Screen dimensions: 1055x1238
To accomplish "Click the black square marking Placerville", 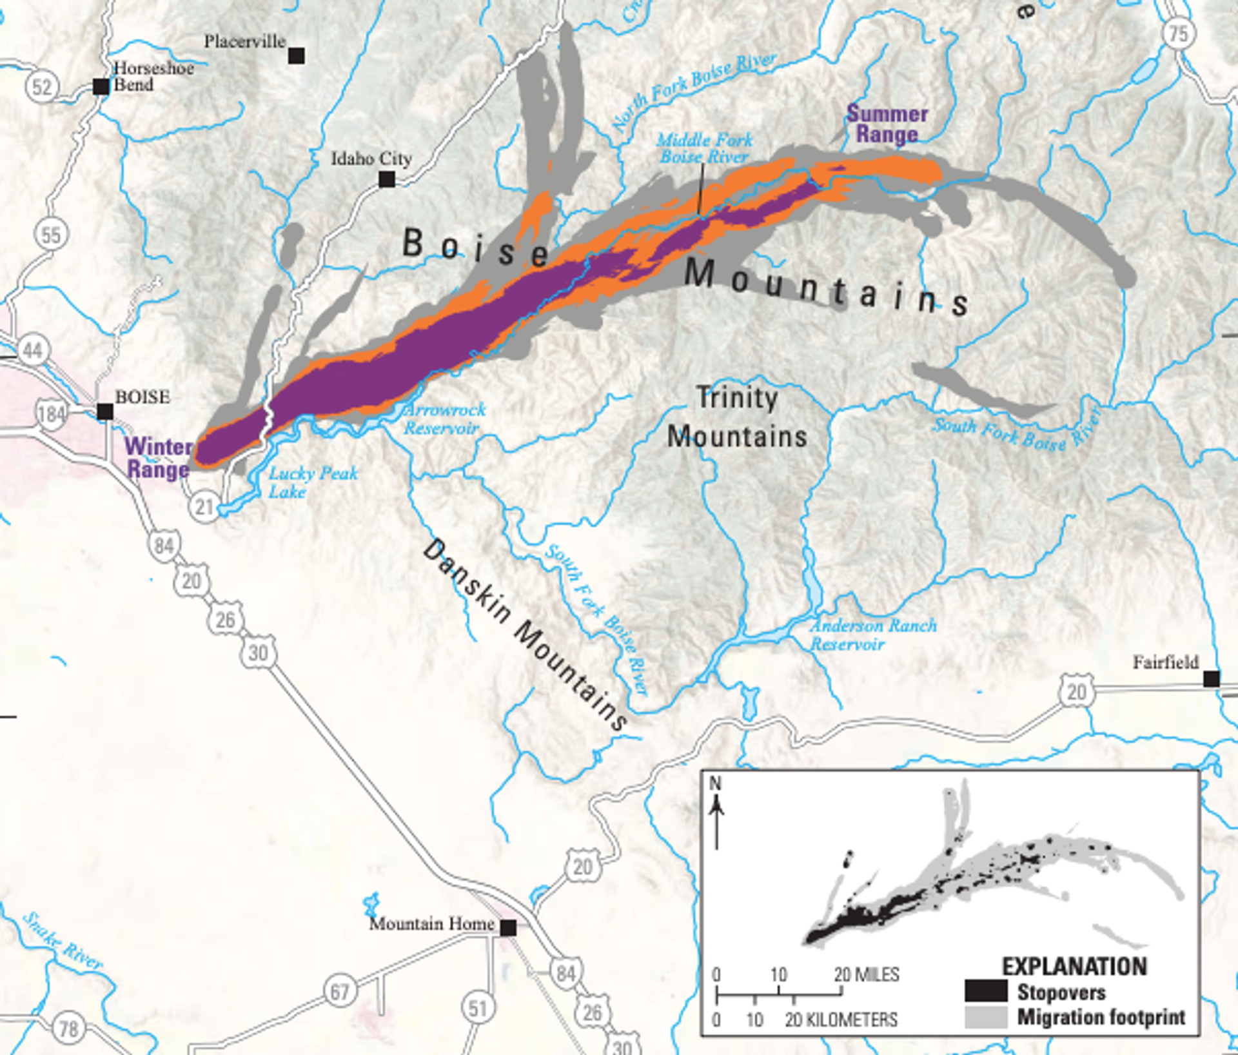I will (296, 55).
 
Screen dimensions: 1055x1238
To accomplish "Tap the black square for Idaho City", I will (387, 179).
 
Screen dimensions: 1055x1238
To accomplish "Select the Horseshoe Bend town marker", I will (101, 86).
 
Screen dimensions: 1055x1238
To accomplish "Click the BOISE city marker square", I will (105, 411).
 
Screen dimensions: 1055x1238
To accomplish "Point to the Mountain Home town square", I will (508, 927).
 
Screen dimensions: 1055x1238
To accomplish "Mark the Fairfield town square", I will (1212, 678).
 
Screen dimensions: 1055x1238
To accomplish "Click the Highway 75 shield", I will (1179, 33).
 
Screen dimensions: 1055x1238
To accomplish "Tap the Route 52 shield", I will (42, 86).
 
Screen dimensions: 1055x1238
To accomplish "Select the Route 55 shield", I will (51, 235).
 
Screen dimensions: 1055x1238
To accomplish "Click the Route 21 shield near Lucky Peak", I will (204, 507).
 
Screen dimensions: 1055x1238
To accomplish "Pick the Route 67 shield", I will (340, 991).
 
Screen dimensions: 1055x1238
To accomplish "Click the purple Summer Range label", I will (887, 124).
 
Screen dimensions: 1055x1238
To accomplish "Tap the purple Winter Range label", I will (159, 457).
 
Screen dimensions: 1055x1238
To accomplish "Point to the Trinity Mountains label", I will (736, 417).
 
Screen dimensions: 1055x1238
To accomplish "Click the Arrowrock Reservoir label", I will (444, 419).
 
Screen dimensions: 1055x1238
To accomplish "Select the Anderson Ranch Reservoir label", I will (873, 635).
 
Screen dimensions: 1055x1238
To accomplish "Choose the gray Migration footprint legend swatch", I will (985, 1017).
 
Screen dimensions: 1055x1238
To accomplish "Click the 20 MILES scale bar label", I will (866, 974).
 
